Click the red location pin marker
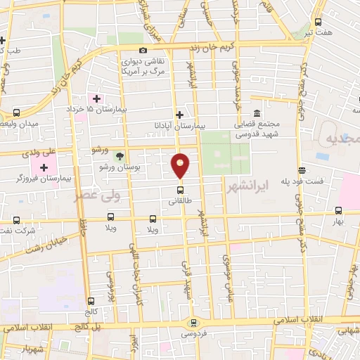pyautogui.click(x=181, y=165)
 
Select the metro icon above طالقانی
pyautogui.click(x=180, y=189)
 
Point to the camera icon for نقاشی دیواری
pyautogui.click(x=143, y=51)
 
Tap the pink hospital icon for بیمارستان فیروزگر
pyautogui.click(x=45, y=167)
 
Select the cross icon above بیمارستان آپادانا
pyautogui.click(x=180, y=115)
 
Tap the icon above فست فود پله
pyautogui.click(x=302, y=169)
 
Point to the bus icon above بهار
pyautogui.click(x=339, y=210)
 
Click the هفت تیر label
pyautogui.click(x=309, y=32)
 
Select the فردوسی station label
pyautogui.click(x=193, y=334)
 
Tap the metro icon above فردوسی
pyautogui.click(x=193, y=323)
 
